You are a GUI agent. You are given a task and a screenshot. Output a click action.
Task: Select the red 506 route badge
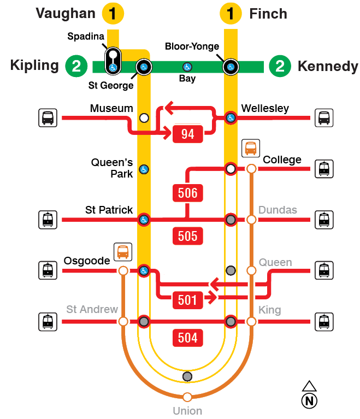[187, 193]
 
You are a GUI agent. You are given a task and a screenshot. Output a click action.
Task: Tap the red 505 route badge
[187, 236]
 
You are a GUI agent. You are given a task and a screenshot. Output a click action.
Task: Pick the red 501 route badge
[187, 299]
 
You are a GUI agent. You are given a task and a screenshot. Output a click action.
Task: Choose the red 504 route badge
[187, 338]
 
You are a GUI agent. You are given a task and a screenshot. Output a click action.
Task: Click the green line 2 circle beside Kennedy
[280, 67]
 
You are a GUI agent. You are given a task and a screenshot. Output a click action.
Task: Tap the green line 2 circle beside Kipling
[76, 67]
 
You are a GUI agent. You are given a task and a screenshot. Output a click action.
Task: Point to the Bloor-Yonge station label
[192, 47]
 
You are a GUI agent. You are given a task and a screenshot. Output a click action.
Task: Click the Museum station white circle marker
[144, 117]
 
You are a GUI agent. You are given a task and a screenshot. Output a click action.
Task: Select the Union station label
[187, 411]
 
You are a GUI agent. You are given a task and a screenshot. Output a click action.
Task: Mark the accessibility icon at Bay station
[187, 67]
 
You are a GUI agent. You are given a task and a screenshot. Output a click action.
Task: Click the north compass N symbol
[309, 400]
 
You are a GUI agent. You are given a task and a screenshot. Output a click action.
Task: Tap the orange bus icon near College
[251, 148]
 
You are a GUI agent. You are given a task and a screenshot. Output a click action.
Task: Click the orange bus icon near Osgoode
[123, 252]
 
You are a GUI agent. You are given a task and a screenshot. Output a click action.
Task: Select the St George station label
[111, 85]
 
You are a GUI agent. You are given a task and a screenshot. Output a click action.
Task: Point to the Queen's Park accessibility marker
[144, 169]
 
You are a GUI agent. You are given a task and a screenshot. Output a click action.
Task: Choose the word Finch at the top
[268, 14]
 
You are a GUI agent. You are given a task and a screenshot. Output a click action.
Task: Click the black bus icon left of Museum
[48, 117]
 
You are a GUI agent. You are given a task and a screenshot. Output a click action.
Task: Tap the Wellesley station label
[265, 109]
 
